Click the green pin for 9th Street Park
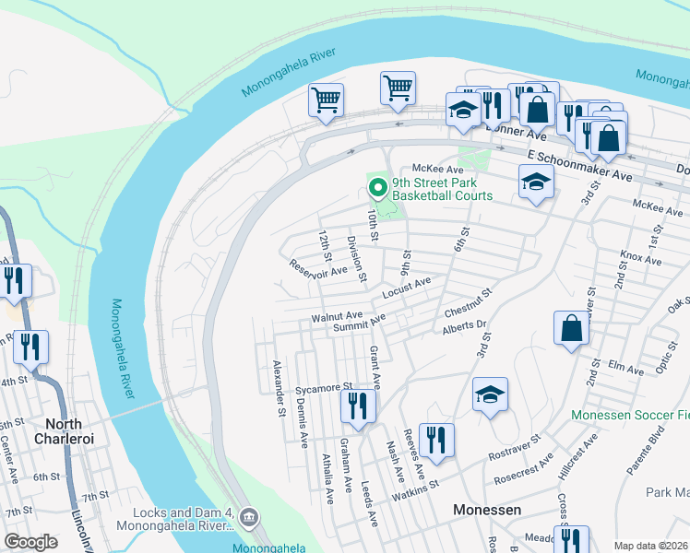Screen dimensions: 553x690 tap(377, 188)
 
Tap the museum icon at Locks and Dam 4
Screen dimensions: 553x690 tap(247, 518)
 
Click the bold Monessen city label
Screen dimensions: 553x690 tap(488, 510)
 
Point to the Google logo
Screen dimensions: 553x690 tap(30, 542)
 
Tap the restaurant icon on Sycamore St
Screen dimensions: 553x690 tap(358, 406)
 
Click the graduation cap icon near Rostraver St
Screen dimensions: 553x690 tap(490, 395)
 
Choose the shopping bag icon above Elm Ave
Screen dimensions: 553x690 tap(571, 328)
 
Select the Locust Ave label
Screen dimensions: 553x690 tap(407, 288)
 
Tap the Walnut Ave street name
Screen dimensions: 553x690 tap(336, 316)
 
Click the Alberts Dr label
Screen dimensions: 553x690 tap(463, 327)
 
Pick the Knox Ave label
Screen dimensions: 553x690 tap(641, 260)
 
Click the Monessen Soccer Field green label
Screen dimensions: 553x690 tap(629, 416)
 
